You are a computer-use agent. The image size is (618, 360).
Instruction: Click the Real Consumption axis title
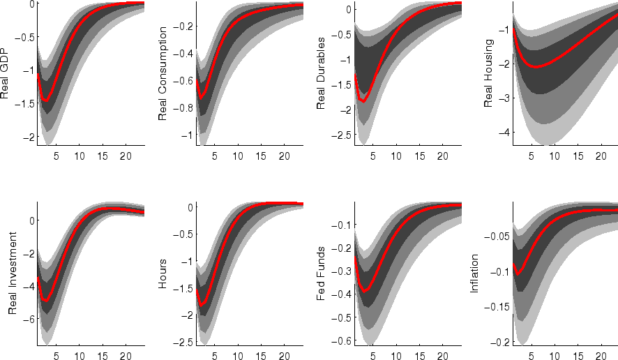(163, 73)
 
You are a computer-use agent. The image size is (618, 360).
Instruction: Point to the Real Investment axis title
(13, 274)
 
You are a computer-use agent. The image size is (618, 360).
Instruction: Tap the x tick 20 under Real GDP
(126, 154)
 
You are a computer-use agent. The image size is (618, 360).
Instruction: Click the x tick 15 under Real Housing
(578, 154)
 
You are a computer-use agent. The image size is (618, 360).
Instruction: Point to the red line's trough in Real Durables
(363, 102)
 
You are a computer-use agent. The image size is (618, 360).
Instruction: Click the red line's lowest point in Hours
(203, 305)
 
